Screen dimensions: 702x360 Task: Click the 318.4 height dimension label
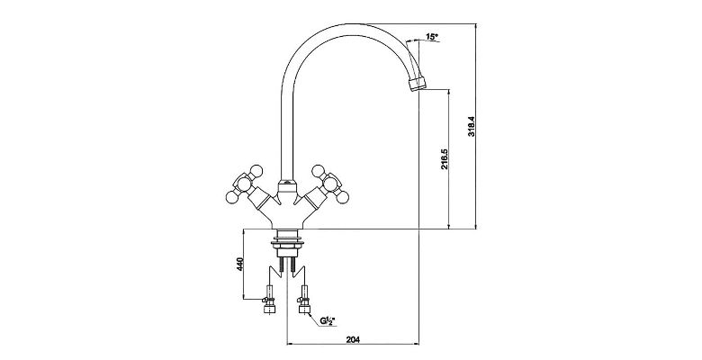pyautogui.click(x=472, y=126)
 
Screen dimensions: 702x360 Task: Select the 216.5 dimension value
pyautogui.click(x=444, y=159)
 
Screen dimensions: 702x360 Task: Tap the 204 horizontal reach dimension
pyautogui.click(x=353, y=339)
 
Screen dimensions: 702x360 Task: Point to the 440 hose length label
pyautogui.click(x=239, y=265)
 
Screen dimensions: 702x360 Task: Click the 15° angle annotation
pyautogui.click(x=431, y=37)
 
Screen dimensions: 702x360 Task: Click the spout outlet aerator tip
pyautogui.click(x=418, y=84)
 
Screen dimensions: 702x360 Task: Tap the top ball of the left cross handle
pyautogui.click(x=256, y=170)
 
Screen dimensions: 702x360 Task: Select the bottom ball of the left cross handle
pyautogui.click(x=231, y=197)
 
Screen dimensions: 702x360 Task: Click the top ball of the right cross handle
pyautogui.click(x=318, y=170)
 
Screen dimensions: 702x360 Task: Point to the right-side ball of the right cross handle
pyautogui.click(x=343, y=197)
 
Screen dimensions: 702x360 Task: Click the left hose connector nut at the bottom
pyautogui.click(x=269, y=309)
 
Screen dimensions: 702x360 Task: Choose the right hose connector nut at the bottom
pyautogui.click(x=304, y=309)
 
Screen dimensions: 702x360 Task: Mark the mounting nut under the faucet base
pyautogui.click(x=287, y=244)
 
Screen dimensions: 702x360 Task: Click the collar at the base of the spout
pyautogui.click(x=287, y=184)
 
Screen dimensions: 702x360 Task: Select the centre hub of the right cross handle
pyautogui.click(x=330, y=183)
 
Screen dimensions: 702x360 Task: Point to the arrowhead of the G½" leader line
pyautogui.click(x=310, y=313)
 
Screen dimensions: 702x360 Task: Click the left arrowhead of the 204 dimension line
pyautogui.click(x=289, y=344)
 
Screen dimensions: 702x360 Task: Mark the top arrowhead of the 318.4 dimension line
pyautogui.click(x=475, y=26)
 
